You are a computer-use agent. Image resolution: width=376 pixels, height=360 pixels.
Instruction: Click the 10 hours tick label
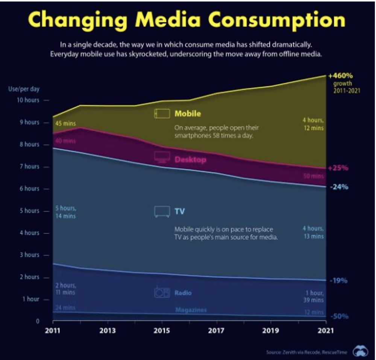point(27,100)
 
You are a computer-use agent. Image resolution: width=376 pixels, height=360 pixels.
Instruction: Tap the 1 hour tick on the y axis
point(31,299)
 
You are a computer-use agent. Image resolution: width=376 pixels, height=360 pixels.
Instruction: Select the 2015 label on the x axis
point(162,331)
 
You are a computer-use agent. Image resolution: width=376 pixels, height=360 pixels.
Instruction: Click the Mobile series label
point(188,113)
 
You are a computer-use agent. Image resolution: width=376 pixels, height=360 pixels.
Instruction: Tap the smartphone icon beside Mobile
point(162,114)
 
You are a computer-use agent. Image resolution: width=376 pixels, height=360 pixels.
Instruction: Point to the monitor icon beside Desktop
point(162,157)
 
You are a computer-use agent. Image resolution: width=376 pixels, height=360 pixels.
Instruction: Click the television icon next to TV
point(162,211)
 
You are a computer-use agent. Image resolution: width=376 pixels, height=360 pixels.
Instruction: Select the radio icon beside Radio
point(162,292)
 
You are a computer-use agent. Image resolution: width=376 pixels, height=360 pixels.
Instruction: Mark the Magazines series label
point(191,310)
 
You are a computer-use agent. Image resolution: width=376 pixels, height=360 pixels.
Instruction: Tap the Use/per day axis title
point(24,89)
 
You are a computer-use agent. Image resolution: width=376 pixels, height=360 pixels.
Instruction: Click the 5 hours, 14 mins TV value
point(65,212)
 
